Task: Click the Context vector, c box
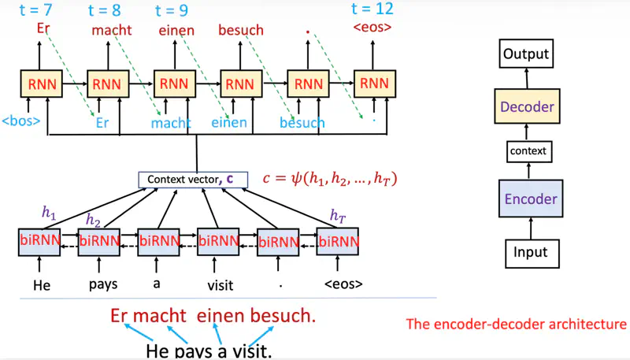click(193, 179)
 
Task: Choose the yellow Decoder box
click(525, 106)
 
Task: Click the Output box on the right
click(525, 54)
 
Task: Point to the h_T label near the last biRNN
click(337, 214)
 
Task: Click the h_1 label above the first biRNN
click(50, 212)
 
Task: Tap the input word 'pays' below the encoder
click(98, 284)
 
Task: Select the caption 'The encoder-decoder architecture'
click(516, 324)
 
